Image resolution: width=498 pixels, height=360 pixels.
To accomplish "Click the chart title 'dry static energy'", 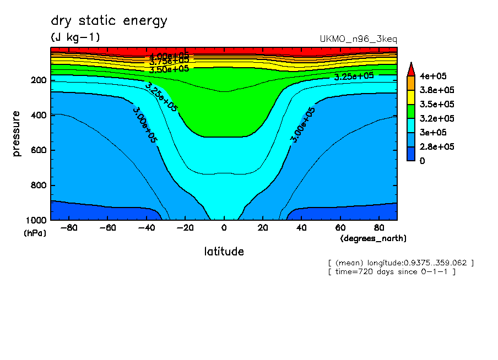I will click(109, 21).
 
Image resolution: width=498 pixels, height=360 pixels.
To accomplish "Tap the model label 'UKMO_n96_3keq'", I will click(358, 39).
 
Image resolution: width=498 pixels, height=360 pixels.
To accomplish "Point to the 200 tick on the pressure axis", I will click(39, 80).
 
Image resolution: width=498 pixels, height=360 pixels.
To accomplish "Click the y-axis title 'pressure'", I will click(17, 134).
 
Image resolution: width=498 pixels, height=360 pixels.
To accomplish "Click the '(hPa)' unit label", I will click(35, 233).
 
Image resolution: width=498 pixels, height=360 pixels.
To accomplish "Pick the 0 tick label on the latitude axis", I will click(224, 227).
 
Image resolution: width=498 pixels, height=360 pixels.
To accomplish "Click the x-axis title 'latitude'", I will click(224, 252).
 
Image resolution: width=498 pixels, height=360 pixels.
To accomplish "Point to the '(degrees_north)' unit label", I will click(373, 238).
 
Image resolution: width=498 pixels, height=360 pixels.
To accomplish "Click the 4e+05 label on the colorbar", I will click(434, 76).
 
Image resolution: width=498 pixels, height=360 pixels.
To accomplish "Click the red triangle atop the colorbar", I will click(410, 69).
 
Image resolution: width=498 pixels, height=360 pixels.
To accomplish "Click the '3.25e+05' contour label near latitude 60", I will click(354, 77).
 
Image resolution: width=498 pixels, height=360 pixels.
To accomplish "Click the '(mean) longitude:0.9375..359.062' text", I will click(400, 263).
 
